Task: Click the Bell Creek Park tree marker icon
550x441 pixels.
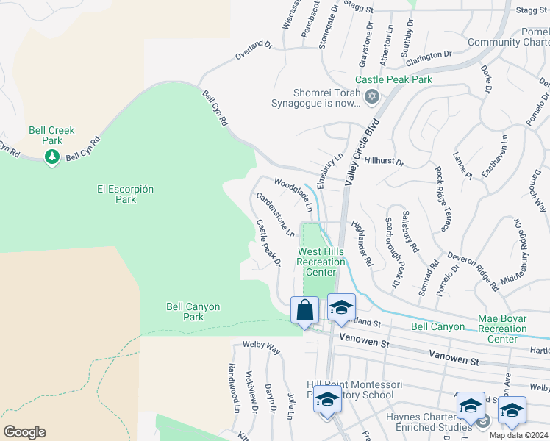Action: pyautogui.click(x=51, y=157)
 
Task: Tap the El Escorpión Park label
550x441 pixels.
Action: pyautogui.click(x=126, y=194)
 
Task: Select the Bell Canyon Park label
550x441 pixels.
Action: pyautogui.click(x=193, y=312)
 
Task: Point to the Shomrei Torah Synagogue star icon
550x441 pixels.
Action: pyautogui.click(x=372, y=96)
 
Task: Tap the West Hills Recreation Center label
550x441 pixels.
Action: pyautogui.click(x=321, y=262)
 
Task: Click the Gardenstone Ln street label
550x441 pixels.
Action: pyautogui.click(x=276, y=215)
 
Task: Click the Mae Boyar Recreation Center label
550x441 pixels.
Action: pyautogui.click(x=512, y=329)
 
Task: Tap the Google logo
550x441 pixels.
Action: pyautogui.click(x=24, y=432)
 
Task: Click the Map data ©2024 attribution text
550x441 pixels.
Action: pyautogui.click(x=518, y=435)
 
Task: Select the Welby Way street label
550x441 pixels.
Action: pyautogui.click(x=262, y=348)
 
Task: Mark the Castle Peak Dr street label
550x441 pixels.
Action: pyautogui.click(x=268, y=242)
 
